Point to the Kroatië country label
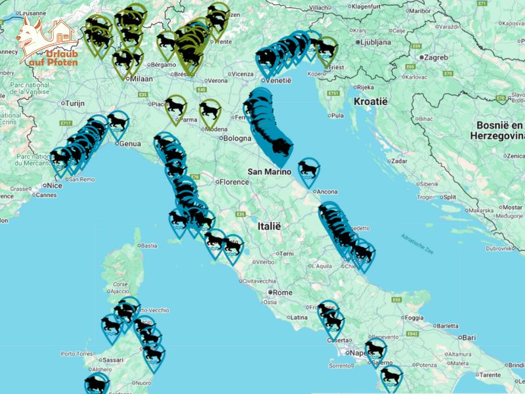371,102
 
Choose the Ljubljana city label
375,42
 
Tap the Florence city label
234,182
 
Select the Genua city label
130,143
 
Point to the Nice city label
55,186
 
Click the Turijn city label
76,104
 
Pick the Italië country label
269,225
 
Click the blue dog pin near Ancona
309,169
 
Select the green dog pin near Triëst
326,49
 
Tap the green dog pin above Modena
210,110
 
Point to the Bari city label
468,337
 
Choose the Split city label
450,196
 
